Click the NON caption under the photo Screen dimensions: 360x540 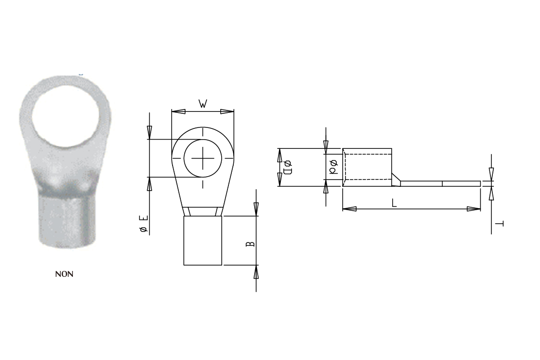64,274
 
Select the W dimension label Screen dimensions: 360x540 203,104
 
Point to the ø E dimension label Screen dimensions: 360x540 144,223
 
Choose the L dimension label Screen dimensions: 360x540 394,202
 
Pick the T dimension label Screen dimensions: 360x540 500,223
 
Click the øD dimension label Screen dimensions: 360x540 287,167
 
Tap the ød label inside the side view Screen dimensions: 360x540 334,167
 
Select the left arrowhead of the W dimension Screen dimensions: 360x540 178,112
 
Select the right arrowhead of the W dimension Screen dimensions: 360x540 227,112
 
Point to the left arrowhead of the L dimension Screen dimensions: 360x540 349,209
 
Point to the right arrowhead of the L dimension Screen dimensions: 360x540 473,209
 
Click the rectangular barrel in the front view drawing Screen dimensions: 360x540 203,240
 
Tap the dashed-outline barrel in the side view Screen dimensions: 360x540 367,167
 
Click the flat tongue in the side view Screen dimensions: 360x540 440,184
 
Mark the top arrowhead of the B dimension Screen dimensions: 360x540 256,209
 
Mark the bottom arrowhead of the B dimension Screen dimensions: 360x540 256,272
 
